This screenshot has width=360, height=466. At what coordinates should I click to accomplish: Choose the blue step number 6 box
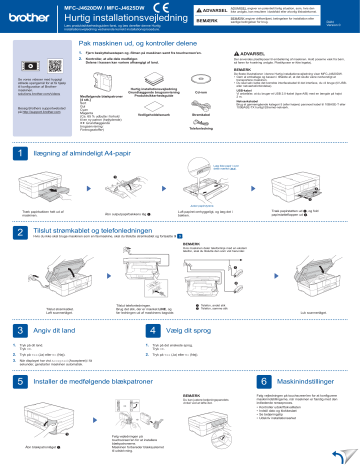coord(263,381)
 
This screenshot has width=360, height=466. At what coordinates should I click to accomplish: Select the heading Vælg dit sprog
coord(189,329)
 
